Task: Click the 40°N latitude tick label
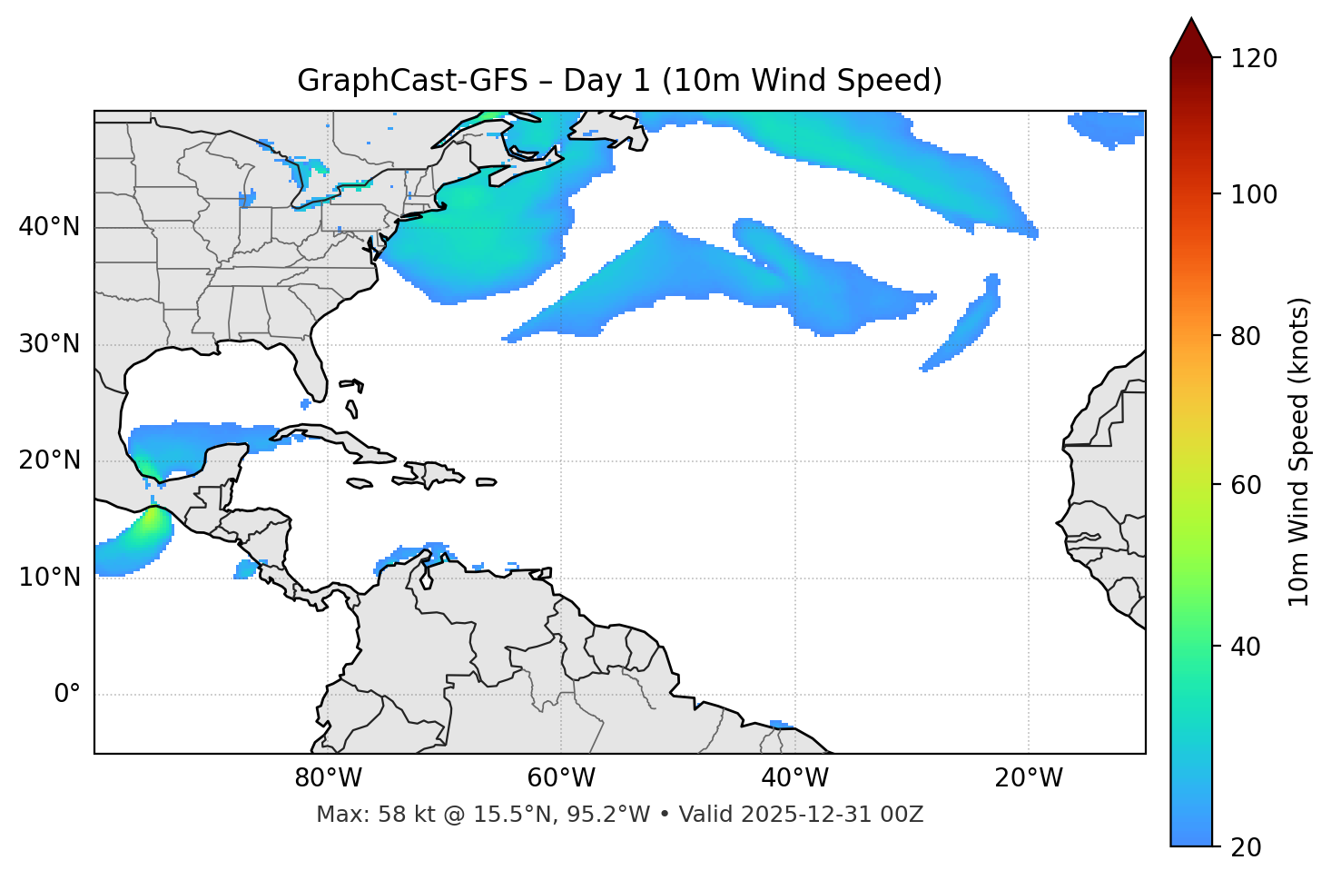[x=49, y=227]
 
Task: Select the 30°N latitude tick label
[x=49, y=344]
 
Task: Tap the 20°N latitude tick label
[x=49, y=460]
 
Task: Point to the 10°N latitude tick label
[x=49, y=578]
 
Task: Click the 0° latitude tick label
[x=67, y=695]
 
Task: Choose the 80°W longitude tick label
[x=328, y=778]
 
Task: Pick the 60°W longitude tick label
[x=561, y=778]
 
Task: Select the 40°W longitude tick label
[x=794, y=778]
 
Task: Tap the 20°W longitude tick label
[x=1028, y=778]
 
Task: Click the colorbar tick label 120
[x=1253, y=59]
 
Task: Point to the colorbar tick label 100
[x=1253, y=194]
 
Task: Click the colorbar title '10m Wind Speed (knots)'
[x=1299, y=452]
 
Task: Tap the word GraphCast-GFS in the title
[x=412, y=81]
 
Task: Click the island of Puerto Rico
[x=487, y=482]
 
